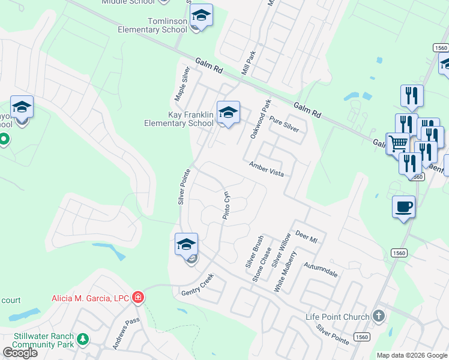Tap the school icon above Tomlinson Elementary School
tap(201, 16)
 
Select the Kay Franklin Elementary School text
tap(179, 119)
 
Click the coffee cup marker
tap(403, 208)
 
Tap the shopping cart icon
tap(397, 144)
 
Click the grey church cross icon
tap(378, 316)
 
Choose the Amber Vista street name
tap(267, 169)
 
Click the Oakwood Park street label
tap(261, 119)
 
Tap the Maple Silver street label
tap(181, 84)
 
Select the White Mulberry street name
tap(285, 271)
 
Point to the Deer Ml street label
tap(306, 238)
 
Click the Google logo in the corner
tap(20, 353)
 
